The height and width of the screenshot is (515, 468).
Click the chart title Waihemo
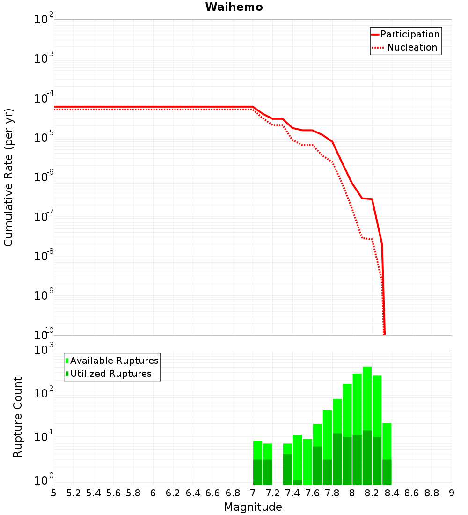[234, 7]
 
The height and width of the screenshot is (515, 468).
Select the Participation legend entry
[405, 34]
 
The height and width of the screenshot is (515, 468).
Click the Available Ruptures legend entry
[112, 360]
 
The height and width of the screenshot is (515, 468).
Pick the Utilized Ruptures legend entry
[109, 374]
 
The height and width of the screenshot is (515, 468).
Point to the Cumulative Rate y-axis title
[8, 177]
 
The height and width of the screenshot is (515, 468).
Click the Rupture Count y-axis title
[17, 417]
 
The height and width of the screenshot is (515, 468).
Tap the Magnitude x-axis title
[253, 507]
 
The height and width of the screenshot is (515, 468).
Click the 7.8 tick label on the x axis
[332, 493]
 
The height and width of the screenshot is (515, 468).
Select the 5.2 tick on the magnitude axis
[73, 493]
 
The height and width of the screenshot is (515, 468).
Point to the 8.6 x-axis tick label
[412, 493]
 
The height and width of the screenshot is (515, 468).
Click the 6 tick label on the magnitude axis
[153, 493]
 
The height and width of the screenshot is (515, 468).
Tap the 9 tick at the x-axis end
[452, 493]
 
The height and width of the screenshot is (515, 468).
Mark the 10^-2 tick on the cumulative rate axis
[44, 18]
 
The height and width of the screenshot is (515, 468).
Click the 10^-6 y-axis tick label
[44, 176]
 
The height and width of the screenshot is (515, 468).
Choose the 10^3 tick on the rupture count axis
[44, 349]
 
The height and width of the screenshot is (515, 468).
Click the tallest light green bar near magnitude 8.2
[367, 398]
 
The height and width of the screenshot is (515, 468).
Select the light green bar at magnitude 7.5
[307, 462]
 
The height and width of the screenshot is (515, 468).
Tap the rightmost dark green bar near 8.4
[387, 472]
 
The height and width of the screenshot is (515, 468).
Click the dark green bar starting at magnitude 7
[257, 472]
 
